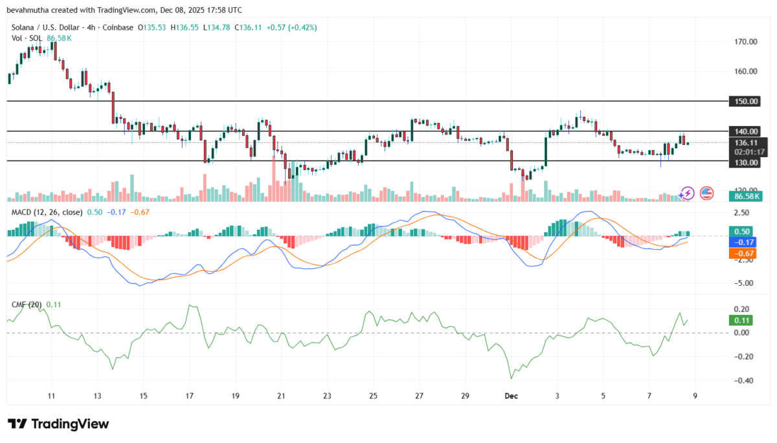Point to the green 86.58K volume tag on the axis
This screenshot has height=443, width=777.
(x=743, y=196)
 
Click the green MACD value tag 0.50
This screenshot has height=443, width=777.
(x=742, y=231)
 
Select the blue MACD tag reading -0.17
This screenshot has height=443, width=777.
(x=742, y=242)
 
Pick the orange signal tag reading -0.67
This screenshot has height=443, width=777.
(x=742, y=254)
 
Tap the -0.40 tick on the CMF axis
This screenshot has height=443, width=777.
(x=740, y=381)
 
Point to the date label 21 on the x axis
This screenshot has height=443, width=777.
(x=280, y=395)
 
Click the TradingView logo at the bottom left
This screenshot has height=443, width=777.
(x=58, y=424)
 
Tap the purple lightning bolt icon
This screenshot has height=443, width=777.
(x=687, y=193)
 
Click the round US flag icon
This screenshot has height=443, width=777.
(x=706, y=193)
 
